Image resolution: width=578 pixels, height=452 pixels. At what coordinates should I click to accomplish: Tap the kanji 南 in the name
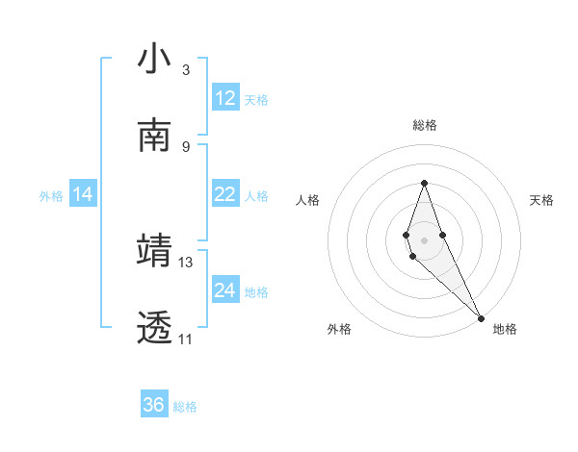[154, 136]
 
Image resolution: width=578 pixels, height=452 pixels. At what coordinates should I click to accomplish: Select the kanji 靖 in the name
[154, 250]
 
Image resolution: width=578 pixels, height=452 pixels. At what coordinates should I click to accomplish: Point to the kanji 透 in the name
[154, 327]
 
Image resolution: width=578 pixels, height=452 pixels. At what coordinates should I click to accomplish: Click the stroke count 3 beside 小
[186, 70]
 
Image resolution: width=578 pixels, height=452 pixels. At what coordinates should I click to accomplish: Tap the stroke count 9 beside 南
[186, 146]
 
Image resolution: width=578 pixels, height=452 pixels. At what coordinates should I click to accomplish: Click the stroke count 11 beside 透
[186, 339]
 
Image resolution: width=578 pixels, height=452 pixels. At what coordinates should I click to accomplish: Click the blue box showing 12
[225, 98]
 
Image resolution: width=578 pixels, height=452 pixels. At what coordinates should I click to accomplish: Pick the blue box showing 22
[225, 195]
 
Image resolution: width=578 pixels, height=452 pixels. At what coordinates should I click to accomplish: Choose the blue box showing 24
[225, 290]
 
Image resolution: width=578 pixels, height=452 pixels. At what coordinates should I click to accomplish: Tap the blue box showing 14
[83, 195]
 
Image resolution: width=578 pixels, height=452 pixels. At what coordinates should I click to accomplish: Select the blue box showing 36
[154, 405]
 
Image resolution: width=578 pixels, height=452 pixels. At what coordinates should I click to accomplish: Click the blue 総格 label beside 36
[185, 407]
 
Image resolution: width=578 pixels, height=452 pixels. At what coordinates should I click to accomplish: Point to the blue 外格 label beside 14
[51, 196]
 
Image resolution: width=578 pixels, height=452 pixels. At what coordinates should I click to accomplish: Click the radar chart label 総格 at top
[424, 125]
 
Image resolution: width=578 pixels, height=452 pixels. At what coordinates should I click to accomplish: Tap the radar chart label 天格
[541, 200]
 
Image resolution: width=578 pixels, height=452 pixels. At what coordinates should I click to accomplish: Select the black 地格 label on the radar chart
[505, 329]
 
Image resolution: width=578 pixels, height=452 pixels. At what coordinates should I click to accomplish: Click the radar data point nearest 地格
[480, 316]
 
